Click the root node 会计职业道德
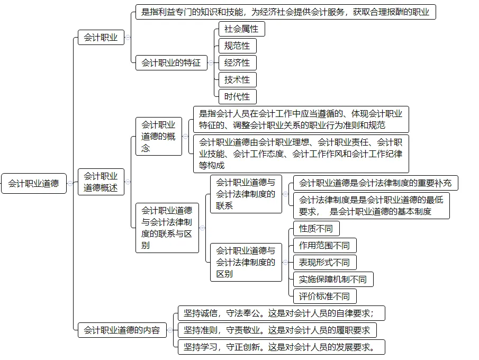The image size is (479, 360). [33, 184]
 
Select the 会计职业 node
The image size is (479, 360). [101, 38]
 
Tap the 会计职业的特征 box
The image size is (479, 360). [171, 63]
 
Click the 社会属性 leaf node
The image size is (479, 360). [241, 29]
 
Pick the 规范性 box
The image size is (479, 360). [237, 46]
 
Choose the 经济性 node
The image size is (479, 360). [237, 63]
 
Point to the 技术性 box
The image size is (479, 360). [237, 80]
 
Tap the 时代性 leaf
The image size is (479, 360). [237, 97]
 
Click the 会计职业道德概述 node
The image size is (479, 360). [101, 182]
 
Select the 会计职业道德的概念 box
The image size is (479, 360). [158, 136]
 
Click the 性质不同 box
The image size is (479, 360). [316, 229]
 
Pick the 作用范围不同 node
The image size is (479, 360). [324, 246]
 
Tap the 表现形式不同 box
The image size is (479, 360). [324, 263]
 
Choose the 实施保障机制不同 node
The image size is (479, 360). [333, 280]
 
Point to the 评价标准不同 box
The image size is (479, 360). [324, 296]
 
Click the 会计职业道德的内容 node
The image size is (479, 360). [122, 330]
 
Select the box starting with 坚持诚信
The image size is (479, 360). [281, 313]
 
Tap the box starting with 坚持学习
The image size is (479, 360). [281, 347]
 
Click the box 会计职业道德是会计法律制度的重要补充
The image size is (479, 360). [375, 183]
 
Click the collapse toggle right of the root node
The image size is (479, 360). [70, 184]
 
